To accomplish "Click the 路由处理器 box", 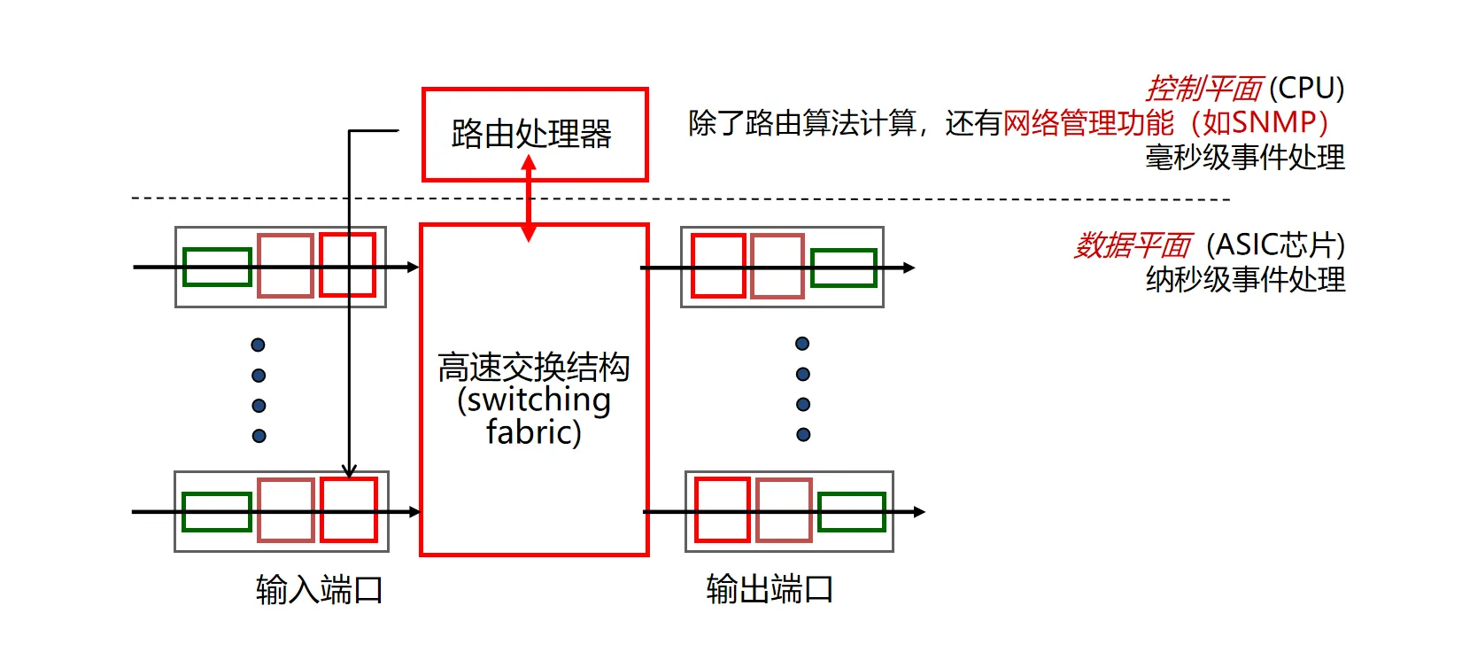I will click(x=535, y=135).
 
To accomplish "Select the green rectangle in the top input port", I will click(x=217, y=268).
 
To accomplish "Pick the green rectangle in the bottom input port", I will click(x=217, y=512).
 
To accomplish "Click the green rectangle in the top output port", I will click(x=843, y=268).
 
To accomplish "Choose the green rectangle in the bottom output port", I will click(x=851, y=512).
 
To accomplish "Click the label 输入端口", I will click(x=319, y=589).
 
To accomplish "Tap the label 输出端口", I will click(x=770, y=589).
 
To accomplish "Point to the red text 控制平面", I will click(x=1203, y=89).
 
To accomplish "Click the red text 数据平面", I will click(x=1133, y=245).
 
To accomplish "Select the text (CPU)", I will click(x=1306, y=89).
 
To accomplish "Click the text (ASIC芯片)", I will click(x=1275, y=245).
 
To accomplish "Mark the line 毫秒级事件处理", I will click(x=1244, y=158).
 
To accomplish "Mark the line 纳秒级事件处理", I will click(x=1244, y=280).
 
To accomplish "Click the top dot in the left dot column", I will click(x=259, y=345).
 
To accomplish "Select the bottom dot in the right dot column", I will click(x=803, y=434).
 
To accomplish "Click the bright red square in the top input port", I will click(x=347, y=265).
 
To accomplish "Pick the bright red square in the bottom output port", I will click(x=722, y=509).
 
